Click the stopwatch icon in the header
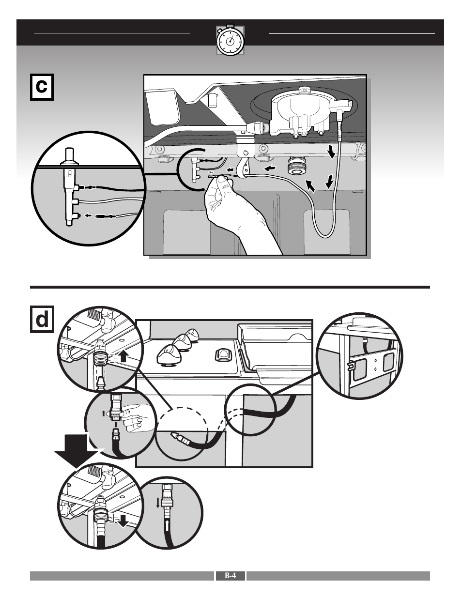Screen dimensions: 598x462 click(x=230, y=40)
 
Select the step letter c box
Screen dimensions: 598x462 click(x=42, y=87)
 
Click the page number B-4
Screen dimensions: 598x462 click(x=230, y=576)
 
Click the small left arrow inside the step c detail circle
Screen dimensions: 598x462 click(x=88, y=216)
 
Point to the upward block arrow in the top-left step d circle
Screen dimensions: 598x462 click(x=123, y=356)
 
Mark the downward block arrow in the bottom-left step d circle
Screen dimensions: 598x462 click(x=124, y=520)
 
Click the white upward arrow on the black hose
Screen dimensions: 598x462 click(x=167, y=527)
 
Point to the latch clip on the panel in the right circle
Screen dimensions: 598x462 click(x=353, y=368)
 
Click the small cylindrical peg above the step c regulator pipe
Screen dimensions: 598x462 click(x=212, y=100)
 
